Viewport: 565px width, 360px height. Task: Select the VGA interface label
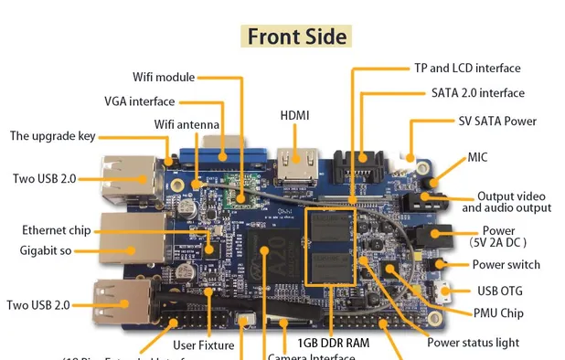[139, 101]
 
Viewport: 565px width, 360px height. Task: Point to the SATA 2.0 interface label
[478, 92]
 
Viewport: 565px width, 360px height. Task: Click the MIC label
[477, 157]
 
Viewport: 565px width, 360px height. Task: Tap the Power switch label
[506, 265]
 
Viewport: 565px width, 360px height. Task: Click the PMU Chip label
[499, 313]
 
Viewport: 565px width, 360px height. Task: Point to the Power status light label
[473, 343]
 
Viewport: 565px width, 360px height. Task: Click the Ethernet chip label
[56, 230]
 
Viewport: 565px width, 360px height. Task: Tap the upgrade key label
[52, 136]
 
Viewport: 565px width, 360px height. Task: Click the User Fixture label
[203, 345]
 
